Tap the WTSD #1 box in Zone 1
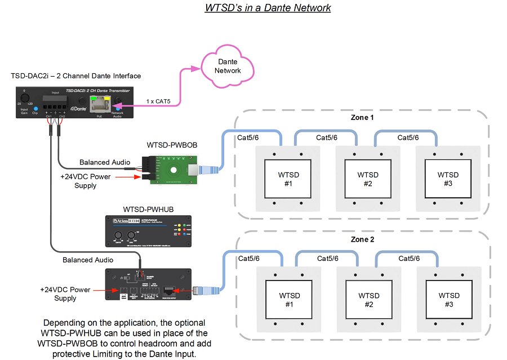(289, 179)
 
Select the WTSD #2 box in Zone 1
(368, 179)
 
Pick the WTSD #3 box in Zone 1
(448, 179)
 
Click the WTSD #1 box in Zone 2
(289, 300)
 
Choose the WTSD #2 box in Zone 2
(369, 300)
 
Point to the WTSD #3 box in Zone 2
(448, 300)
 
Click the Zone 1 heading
(362, 118)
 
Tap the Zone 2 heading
(362, 239)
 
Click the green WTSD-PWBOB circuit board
(174, 170)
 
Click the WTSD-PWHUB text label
(148, 209)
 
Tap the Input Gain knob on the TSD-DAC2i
(25, 97)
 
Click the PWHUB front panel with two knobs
(148, 230)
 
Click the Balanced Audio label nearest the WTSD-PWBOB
(104, 162)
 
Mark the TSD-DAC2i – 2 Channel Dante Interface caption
(75, 75)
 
